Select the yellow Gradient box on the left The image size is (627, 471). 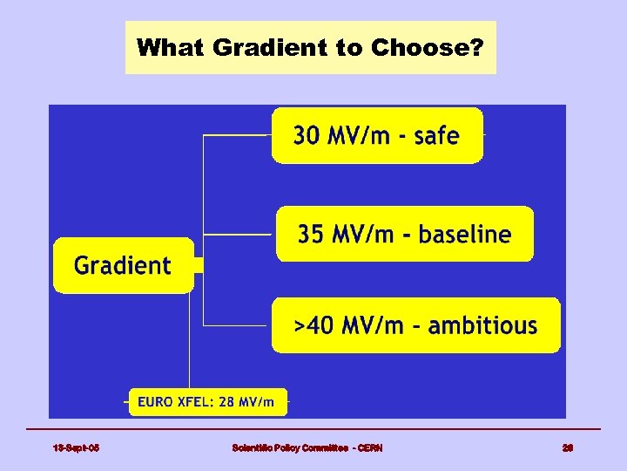point(123,265)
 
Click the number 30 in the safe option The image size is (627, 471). point(307,135)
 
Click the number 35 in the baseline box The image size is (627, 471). point(312,235)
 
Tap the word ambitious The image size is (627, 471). point(482,326)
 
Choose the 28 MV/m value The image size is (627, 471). point(252,402)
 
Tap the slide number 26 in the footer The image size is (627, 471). point(568,447)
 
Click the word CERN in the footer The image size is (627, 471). point(367,447)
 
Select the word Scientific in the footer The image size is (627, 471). point(252,447)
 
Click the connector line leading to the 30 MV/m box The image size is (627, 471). point(237,135)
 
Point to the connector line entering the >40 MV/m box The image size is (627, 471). point(237,326)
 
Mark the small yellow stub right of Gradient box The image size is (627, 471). point(198,265)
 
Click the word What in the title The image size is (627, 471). point(162,47)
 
